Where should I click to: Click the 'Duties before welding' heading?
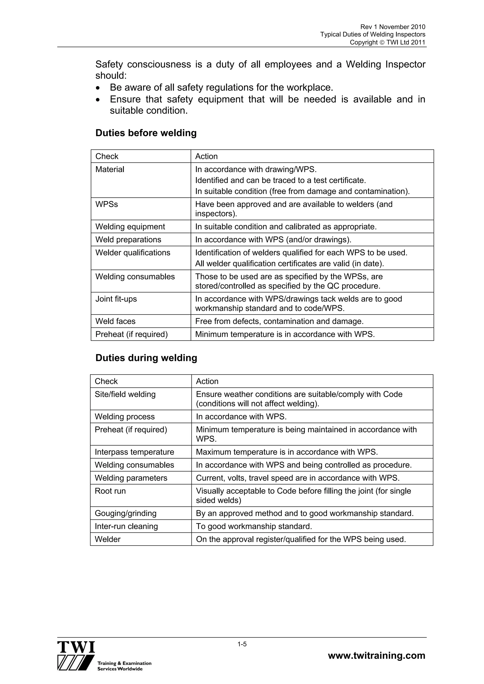[146, 133]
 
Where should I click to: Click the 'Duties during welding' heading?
[146, 358]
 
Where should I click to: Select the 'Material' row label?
[110, 169]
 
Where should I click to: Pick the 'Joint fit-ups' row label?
[116, 299]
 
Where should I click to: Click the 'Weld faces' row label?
[115, 321]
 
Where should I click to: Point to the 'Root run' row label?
[110, 491]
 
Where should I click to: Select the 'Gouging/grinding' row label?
[125, 513]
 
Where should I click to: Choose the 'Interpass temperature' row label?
[134, 452]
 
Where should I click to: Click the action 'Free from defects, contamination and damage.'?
[279, 321]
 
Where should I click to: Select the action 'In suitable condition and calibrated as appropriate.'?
[286, 227]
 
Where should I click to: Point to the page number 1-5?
[242, 644]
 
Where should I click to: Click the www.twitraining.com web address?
[376, 655]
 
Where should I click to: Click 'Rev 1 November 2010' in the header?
[393, 27]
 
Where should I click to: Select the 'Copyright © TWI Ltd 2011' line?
[387, 42]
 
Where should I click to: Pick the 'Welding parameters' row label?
[131, 478]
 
